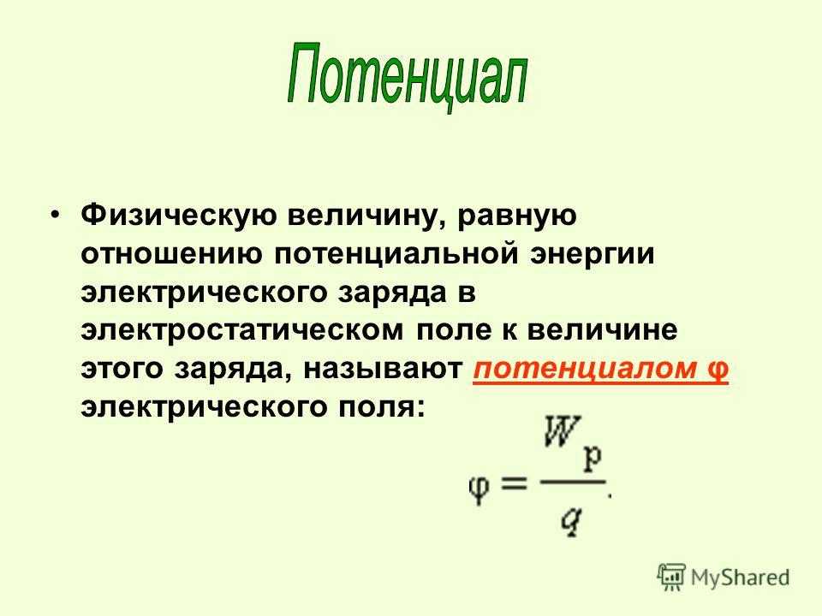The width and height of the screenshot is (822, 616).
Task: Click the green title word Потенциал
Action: tap(407, 76)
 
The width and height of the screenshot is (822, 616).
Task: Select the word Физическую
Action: tap(179, 216)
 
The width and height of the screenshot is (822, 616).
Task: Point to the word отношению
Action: tap(171, 254)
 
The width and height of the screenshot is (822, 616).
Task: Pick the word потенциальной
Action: tap(396, 254)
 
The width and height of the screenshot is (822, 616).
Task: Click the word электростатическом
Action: tap(242, 330)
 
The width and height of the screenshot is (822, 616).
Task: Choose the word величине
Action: tap(602, 330)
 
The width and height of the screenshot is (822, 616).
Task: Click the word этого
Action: tap(122, 369)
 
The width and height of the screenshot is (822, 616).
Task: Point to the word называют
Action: tap(383, 369)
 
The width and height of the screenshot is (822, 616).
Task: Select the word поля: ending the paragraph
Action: tap(381, 407)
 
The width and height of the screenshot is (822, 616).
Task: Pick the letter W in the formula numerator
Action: tap(563, 431)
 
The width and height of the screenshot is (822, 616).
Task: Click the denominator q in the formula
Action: tap(571, 523)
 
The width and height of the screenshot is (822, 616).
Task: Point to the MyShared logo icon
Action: tap(671, 577)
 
